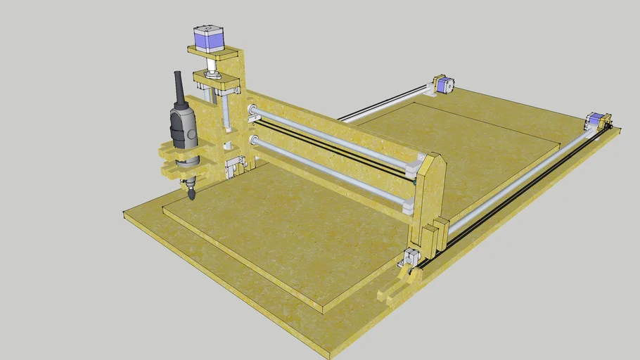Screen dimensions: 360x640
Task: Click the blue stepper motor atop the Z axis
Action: [208, 39]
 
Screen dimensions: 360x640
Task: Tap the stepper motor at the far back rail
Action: [442, 85]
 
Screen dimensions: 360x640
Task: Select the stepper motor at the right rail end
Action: [596, 121]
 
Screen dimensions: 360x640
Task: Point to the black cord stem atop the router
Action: [179, 87]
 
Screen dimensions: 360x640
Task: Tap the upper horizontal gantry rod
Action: [331, 137]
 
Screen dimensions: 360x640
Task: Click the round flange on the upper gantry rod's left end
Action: [251, 110]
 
